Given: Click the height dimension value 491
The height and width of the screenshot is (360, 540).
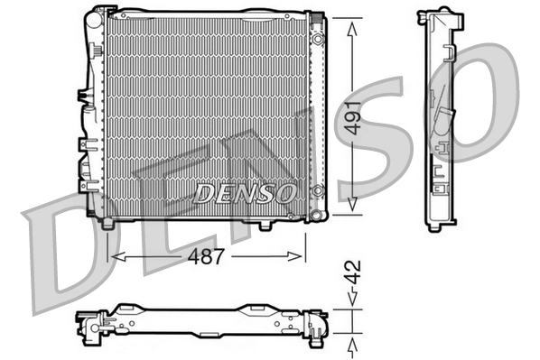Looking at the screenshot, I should (357, 116).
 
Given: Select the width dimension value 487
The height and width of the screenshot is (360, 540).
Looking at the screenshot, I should (206, 256).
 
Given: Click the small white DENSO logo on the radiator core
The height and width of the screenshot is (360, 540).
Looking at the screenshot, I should (245, 192).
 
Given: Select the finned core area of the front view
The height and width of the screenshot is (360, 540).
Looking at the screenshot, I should (203, 108).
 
